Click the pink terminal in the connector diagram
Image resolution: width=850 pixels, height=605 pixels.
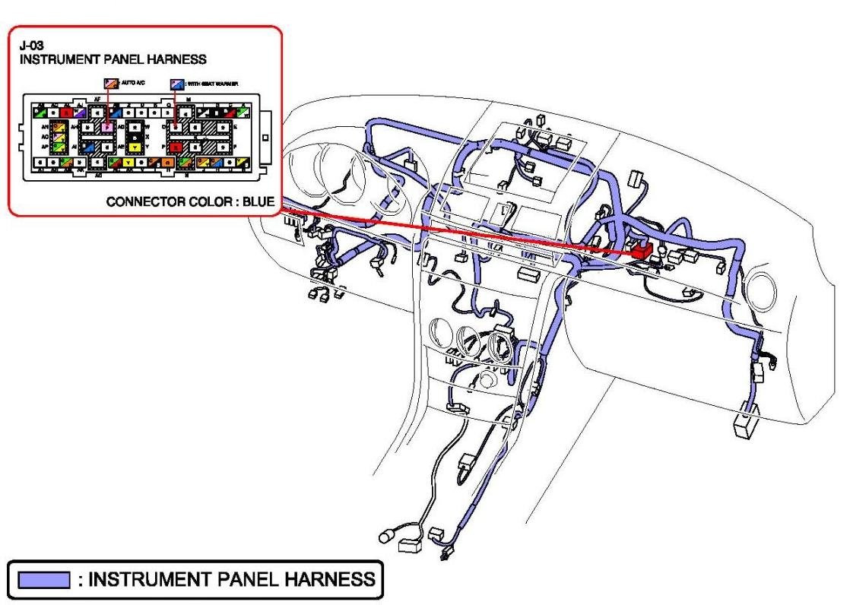pyautogui.click(x=108, y=127)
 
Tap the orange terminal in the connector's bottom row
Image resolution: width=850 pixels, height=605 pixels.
pyautogui.click(x=154, y=162)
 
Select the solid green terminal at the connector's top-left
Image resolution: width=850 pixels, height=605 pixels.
pyautogui.click(x=35, y=112)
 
